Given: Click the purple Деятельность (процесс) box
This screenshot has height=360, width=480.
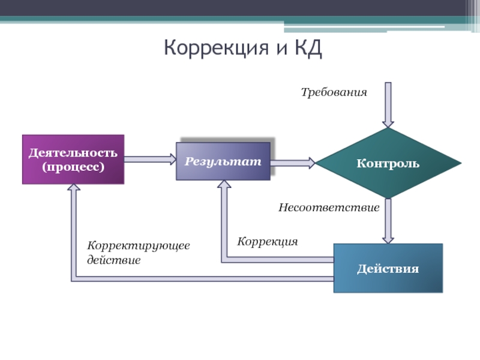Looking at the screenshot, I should point(73,159).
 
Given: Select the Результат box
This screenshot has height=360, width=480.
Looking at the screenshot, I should point(223,161).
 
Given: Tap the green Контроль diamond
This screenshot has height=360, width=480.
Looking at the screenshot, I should point(388,163).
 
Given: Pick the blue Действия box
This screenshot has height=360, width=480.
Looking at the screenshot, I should point(388,268).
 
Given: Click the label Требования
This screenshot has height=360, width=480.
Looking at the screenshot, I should point(333,92).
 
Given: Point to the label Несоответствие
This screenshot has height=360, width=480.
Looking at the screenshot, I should point(329,208).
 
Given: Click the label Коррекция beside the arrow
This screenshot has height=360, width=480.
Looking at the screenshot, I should point(267,241).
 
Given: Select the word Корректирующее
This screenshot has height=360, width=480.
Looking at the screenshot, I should point(139,247).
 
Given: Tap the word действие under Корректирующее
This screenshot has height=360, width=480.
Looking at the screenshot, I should point(114,260).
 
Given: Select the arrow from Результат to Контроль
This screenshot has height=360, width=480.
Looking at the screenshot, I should point(293,162).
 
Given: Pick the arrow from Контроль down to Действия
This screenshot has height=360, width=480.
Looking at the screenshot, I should point(388,220).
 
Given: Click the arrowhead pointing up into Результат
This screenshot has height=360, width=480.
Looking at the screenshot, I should point(224,185).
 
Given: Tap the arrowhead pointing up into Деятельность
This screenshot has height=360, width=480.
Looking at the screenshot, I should point(74,188).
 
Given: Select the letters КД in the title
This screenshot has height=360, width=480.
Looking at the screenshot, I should point(308,48).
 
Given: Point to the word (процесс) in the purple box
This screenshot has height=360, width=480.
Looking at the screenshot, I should point(73,166).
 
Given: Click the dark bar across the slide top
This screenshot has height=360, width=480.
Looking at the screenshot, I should point(240,8).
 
